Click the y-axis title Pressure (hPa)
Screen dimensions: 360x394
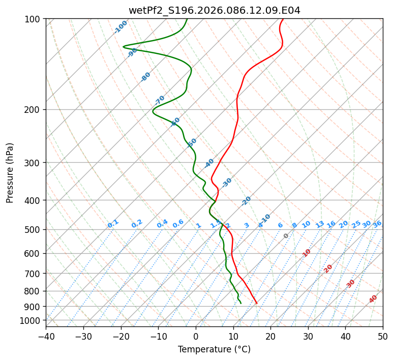click(x=10, y=173)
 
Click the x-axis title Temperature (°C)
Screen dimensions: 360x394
click(x=214, y=350)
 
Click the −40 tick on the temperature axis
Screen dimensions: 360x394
click(x=46, y=337)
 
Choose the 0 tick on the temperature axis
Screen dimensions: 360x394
click(x=196, y=337)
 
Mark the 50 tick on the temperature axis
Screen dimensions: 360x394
click(x=383, y=337)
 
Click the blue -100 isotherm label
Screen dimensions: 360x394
click(x=121, y=26)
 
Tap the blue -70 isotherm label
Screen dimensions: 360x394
click(x=160, y=100)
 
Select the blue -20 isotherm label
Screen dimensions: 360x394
click(x=246, y=201)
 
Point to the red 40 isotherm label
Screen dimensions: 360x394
click(x=373, y=299)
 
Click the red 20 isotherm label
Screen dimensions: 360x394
click(x=328, y=268)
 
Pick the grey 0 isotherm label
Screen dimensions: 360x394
click(x=286, y=236)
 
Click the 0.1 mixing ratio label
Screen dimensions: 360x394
click(x=113, y=224)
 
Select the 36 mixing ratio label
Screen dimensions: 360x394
click(x=377, y=224)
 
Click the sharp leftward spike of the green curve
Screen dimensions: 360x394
click(x=124, y=46)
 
